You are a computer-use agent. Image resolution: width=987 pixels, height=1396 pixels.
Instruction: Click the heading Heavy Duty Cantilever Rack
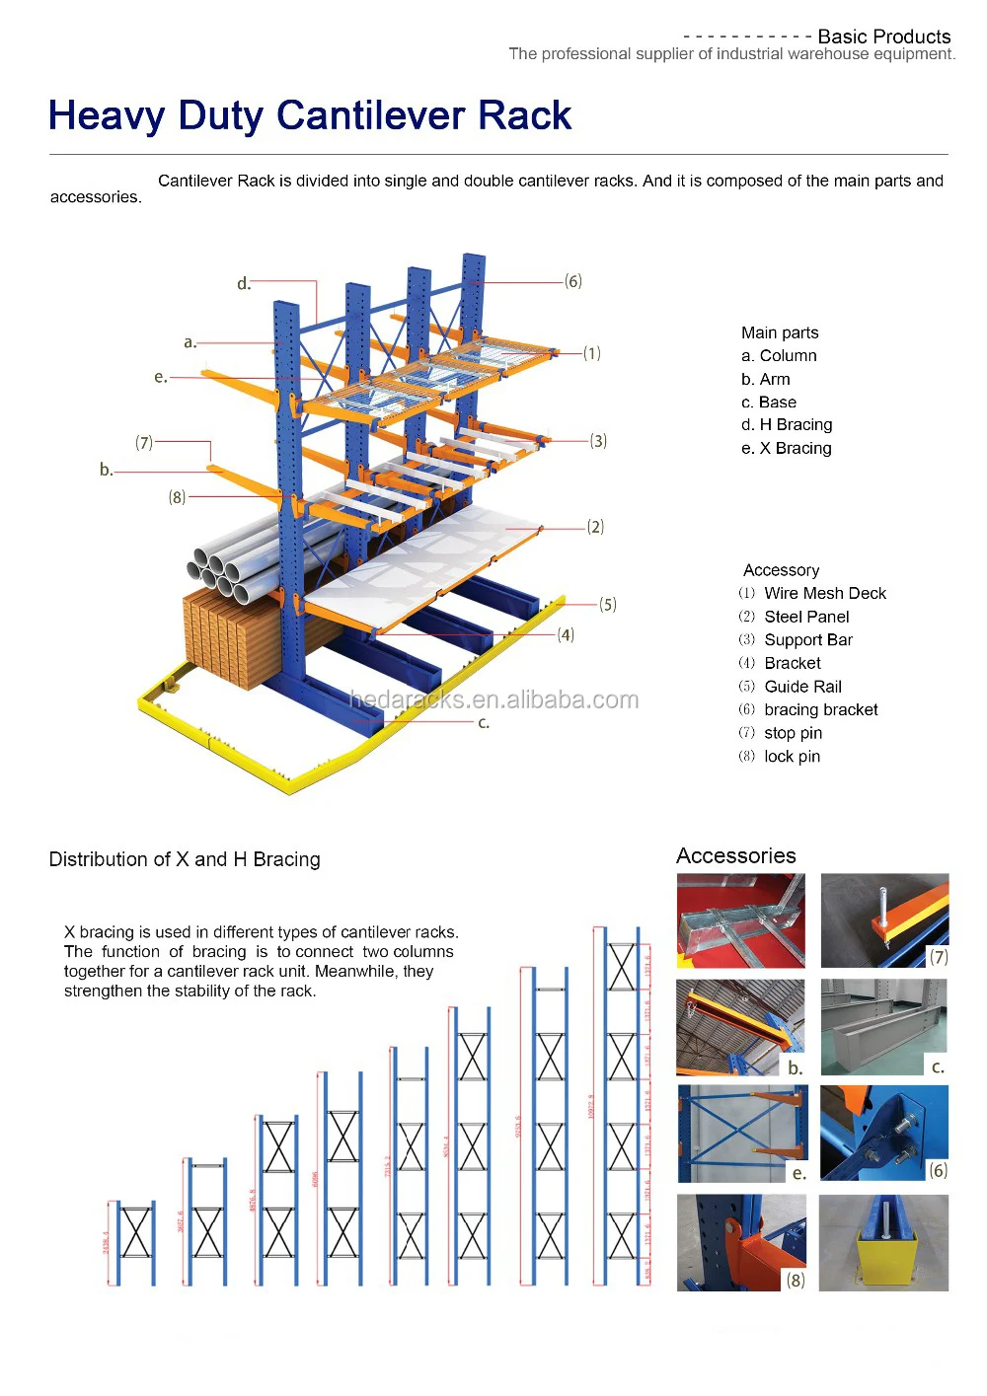click(x=310, y=116)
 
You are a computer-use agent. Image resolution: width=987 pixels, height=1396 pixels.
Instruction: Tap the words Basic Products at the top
click(x=883, y=37)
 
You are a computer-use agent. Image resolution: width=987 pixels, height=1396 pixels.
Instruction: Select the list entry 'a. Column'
click(x=779, y=356)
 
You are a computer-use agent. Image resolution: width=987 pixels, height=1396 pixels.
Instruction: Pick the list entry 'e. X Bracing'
click(x=786, y=449)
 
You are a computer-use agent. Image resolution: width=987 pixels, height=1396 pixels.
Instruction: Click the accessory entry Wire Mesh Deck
click(x=824, y=594)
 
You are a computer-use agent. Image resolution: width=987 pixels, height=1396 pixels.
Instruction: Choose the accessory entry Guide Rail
click(x=802, y=687)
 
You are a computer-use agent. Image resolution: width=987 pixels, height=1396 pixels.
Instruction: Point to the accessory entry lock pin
click(x=792, y=757)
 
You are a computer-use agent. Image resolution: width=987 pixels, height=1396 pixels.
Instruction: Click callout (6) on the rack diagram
click(x=573, y=282)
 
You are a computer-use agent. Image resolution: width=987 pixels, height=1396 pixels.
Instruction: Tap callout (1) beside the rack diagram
click(x=591, y=353)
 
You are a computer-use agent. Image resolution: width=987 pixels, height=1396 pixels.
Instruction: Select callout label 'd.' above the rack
click(x=244, y=284)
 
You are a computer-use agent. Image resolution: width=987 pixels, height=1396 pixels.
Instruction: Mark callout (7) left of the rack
click(x=144, y=443)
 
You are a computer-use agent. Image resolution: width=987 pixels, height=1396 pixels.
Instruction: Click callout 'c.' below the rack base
click(x=484, y=723)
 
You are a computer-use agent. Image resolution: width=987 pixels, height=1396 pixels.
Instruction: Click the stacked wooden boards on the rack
click(x=232, y=636)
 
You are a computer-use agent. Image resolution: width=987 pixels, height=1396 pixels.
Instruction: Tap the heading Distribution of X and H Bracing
click(x=185, y=859)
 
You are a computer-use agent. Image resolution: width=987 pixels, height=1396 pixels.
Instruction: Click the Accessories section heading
click(x=735, y=856)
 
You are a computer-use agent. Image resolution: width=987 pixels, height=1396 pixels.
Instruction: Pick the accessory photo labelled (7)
click(x=884, y=920)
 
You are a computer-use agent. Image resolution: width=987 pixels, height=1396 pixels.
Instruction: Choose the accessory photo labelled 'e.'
click(x=742, y=1134)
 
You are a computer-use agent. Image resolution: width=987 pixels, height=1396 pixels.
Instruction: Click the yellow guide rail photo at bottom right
click(x=883, y=1243)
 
